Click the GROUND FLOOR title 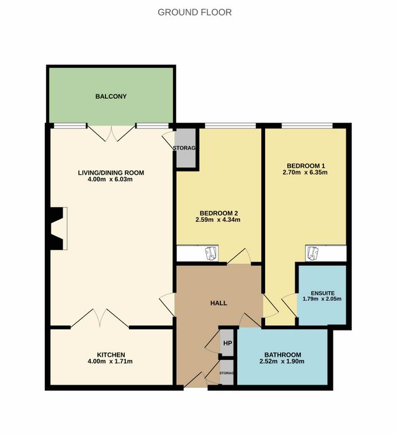(194, 12)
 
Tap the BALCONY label (111, 96)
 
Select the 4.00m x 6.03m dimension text (110, 179)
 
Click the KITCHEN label (111, 355)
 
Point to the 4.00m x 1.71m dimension (110, 361)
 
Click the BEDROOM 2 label (218, 213)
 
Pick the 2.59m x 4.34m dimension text (218, 220)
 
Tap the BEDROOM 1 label (305, 166)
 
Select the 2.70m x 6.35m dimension (305, 172)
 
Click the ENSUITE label (323, 293)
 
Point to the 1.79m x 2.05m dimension (322, 299)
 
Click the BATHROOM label (282, 355)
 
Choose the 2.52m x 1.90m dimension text (282, 361)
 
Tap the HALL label (218, 303)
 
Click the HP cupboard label (228, 343)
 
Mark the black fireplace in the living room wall (56, 228)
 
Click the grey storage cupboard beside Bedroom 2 (185, 148)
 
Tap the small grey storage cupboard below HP (227, 373)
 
